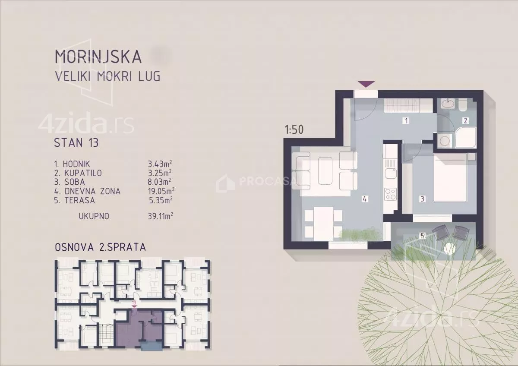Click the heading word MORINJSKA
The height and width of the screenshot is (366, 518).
coord(98,57)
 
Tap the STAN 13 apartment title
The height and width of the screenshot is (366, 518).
coord(76,143)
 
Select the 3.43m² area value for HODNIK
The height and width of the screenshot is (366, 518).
coord(160,164)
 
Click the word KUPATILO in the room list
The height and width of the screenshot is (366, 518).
coord(83,173)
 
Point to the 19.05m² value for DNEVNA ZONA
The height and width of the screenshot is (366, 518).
coord(161,191)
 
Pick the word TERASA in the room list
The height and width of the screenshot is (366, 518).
coord(80,200)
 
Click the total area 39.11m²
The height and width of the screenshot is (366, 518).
coord(160,216)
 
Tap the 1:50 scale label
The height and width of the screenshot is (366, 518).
coord(294,130)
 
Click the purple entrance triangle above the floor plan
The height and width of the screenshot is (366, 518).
coord(366,84)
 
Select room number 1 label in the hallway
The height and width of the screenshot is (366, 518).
coord(406,120)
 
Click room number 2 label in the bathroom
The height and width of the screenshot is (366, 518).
coord(465,120)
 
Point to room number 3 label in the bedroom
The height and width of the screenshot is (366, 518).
coord(423,199)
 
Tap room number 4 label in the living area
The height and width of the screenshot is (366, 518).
coord(365,199)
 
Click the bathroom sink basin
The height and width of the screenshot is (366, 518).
coord(448,104)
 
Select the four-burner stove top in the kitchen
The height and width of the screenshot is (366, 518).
coord(391,194)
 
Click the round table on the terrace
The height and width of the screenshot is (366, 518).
coord(450,249)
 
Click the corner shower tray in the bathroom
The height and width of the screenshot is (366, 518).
coord(465,138)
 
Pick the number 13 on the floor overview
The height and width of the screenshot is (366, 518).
coord(134,303)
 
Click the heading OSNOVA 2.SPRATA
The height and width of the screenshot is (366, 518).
coord(100,247)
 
